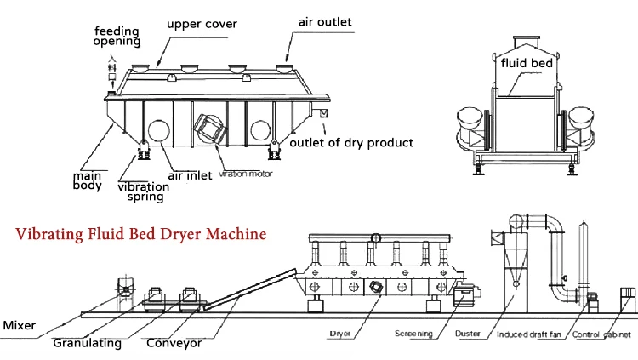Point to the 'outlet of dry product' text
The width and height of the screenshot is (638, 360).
coord(352,142)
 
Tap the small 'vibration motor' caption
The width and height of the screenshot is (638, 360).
coord(243,174)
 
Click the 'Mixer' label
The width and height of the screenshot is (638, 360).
coord(19,325)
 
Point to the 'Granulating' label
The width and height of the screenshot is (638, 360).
coord(87,344)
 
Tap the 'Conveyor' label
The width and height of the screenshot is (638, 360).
coord(174,344)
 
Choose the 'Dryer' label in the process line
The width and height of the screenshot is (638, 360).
coord(339,334)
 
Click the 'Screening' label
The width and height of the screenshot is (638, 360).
coord(413,334)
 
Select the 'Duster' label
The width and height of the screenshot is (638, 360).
coord(468,334)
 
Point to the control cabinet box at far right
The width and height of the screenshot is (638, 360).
coord(628,299)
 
